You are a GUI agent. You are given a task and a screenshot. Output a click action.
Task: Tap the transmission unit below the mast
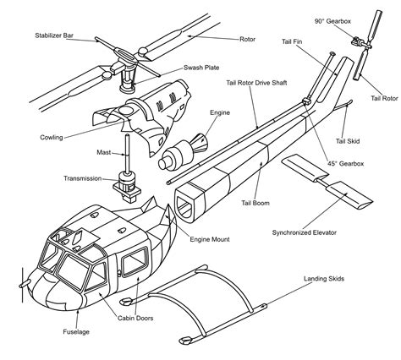tap(128, 182)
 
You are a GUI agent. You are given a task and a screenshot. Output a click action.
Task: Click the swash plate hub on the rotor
tap(128, 76)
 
